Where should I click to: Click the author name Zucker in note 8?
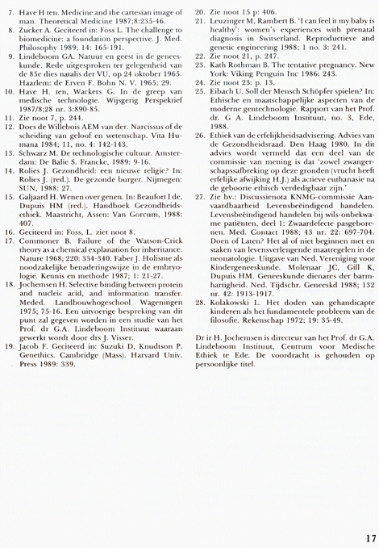click(x=42, y=36)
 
